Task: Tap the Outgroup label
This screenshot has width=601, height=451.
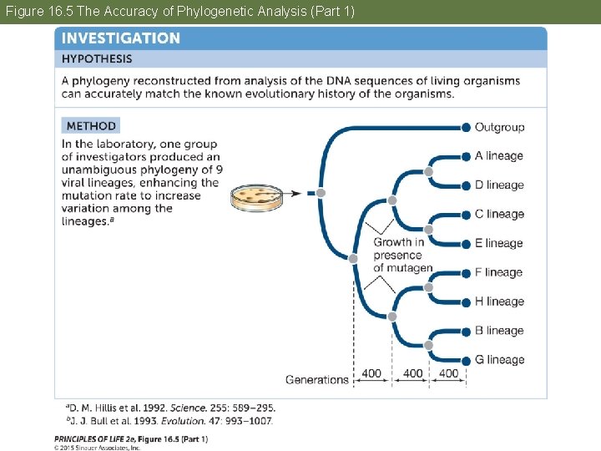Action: [x=499, y=127]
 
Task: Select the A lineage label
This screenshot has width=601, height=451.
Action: [x=498, y=156]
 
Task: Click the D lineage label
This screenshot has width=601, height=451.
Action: [x=499, y=185]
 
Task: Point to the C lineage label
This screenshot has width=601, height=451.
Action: [x=498, y=215]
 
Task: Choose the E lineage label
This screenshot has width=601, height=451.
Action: [x=498, y=244]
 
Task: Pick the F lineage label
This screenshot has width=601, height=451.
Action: [x=498, y=272]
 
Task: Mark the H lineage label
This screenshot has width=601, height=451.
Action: [x=499, y=302]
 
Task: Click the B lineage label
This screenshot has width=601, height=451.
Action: [x=498, y=331]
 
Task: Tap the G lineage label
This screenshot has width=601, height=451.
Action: [x=499, y=360]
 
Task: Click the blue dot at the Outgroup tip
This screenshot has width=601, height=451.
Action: [x=466, y=127]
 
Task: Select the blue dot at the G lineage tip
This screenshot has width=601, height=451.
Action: [x=466, y=360]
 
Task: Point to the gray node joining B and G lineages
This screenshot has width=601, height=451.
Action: [x=429, y=345]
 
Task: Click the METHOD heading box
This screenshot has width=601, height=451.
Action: [x=90, y=126]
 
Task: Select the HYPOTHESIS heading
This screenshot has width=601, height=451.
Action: [x=97, y=59]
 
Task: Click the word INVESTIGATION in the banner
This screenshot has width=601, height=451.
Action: [x=120, y=38]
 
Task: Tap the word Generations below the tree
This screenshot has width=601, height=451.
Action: [x=316, y=379]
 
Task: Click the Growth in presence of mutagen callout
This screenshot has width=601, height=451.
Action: [x=402, y=255]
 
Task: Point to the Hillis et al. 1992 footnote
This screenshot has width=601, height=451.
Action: [x=170, y=408]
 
